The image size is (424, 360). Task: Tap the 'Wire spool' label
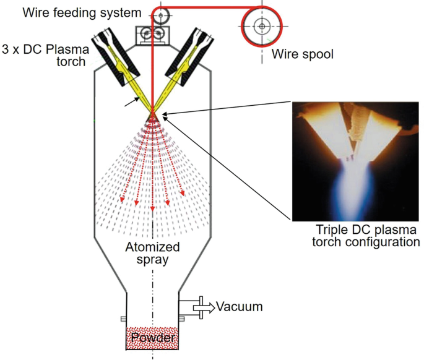click(302, 54)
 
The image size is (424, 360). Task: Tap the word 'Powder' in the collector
click(152, 338)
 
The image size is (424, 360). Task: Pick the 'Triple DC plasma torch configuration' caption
click(357, 235)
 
